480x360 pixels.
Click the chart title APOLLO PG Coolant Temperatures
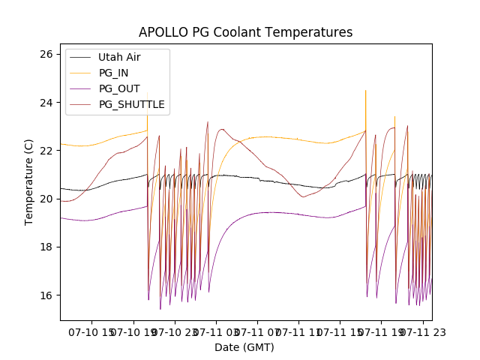click(x=245, y=32)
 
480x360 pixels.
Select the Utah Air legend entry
click(x=119, y=57)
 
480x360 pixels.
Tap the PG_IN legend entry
click(x=114, y=73)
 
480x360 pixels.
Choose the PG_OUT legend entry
click(x=119, y=88)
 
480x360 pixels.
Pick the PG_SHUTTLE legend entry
click(x=131, y=104)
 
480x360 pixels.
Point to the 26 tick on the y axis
click(x=46, y=54)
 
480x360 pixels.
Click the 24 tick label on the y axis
click(x=46, y=102)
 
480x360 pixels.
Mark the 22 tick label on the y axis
click(x=46, y=150)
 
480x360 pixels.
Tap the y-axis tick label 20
click(x=46, y=199)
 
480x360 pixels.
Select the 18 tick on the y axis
click(x=46, y=247)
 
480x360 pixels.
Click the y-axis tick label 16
click(x=46, y=295)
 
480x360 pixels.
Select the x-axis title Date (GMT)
click(x=244, y=347)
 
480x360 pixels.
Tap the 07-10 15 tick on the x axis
click(x=91, y=331)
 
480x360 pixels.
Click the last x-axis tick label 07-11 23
click(x=422, y=331)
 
